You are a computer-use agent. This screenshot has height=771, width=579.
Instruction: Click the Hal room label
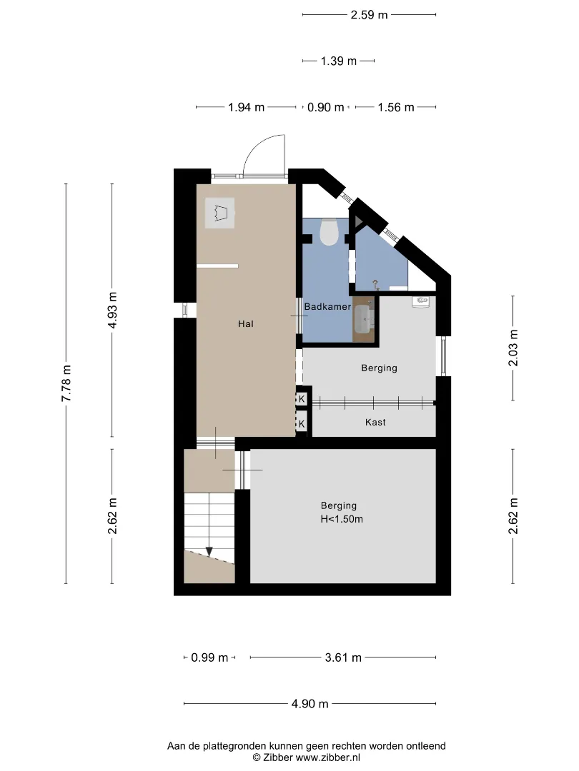[246, 323]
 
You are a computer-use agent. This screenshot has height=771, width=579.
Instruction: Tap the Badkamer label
[327, 307]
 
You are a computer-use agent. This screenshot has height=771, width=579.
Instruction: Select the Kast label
[375, 422]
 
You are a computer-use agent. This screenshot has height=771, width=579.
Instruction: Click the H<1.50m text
[342, 519]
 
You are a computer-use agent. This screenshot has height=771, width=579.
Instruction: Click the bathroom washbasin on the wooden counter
[363, 318]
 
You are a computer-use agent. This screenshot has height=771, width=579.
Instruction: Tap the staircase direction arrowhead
[209, 552]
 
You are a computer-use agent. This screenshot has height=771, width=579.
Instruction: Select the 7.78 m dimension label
[66, 383]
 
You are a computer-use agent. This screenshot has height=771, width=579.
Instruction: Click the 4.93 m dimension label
[112, 311]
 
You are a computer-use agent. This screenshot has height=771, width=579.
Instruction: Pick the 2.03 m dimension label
[513, 348]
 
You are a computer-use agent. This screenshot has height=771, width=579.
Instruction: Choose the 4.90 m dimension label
[310, 704]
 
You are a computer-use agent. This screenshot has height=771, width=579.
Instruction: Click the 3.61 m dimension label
[343, 657]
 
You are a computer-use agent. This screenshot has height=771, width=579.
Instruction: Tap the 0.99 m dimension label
[209, 657]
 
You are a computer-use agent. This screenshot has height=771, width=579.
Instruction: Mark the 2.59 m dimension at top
[370, 15]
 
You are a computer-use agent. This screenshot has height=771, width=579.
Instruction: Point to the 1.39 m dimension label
[339, 61]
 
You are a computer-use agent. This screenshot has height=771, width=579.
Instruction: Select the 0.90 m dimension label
[325, 107]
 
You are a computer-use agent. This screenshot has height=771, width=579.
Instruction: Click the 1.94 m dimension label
[246, 107]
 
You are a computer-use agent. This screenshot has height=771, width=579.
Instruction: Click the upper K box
[302, 399]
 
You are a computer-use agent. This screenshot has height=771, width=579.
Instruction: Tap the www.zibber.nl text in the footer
[327, 757]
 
